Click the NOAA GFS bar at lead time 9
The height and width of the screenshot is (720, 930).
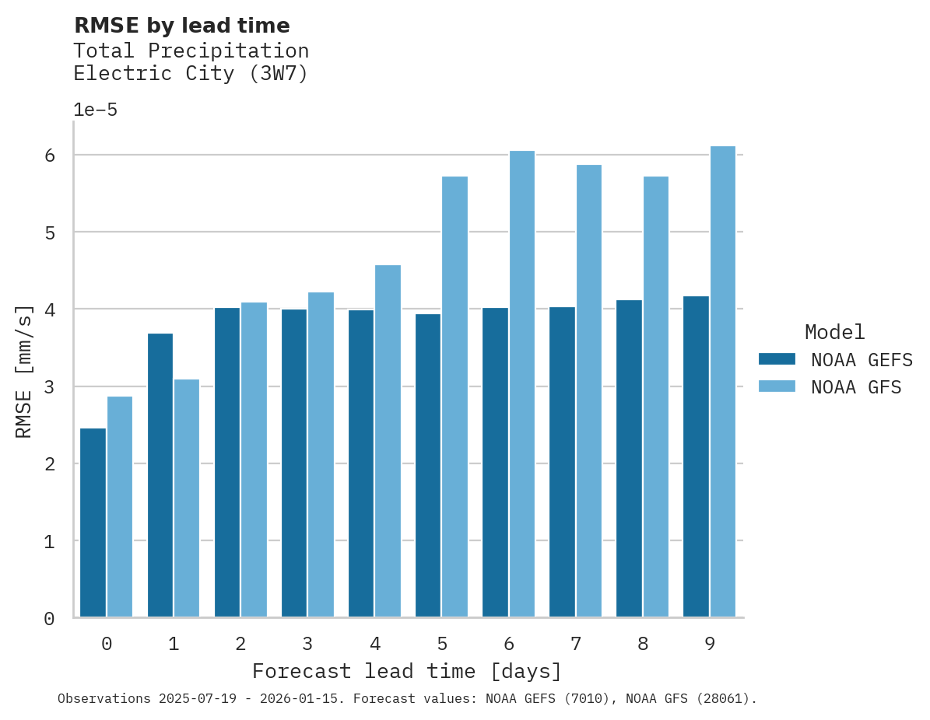[x=722, y=382]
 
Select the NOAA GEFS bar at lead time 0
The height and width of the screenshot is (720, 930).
[x=93, y=523]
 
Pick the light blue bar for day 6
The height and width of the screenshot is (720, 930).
[x=521, y=384]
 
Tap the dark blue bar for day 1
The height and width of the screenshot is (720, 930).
[x=160, y=475]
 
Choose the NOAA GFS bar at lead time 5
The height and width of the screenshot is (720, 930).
[x=454, y=397]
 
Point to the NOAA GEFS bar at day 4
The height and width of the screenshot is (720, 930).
[x=361, y=463]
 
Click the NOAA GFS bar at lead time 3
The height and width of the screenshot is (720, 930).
[x=321, y=455]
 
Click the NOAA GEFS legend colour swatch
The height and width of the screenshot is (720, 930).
[x=777, y=358]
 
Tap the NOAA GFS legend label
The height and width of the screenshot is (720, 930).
[x=855, y=387]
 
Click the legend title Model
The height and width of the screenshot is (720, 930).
[x=834, y=332]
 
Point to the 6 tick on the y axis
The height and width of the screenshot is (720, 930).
[x=49, y=156]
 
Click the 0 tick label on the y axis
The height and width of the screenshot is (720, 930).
[x=49, y=618]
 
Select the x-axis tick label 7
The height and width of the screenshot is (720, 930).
[x=576, y=644]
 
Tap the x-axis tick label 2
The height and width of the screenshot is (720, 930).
[x=240, y=644]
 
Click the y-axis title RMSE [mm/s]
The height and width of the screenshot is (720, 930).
[x=24, y=370]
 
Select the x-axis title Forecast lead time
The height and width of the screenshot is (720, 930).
[x=406, y=671]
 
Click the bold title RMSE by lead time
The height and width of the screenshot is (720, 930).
[x=181, y=26]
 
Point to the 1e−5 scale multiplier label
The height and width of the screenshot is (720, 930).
[x=95, y=110]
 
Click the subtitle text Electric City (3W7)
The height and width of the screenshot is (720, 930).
[x=191, y=74]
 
